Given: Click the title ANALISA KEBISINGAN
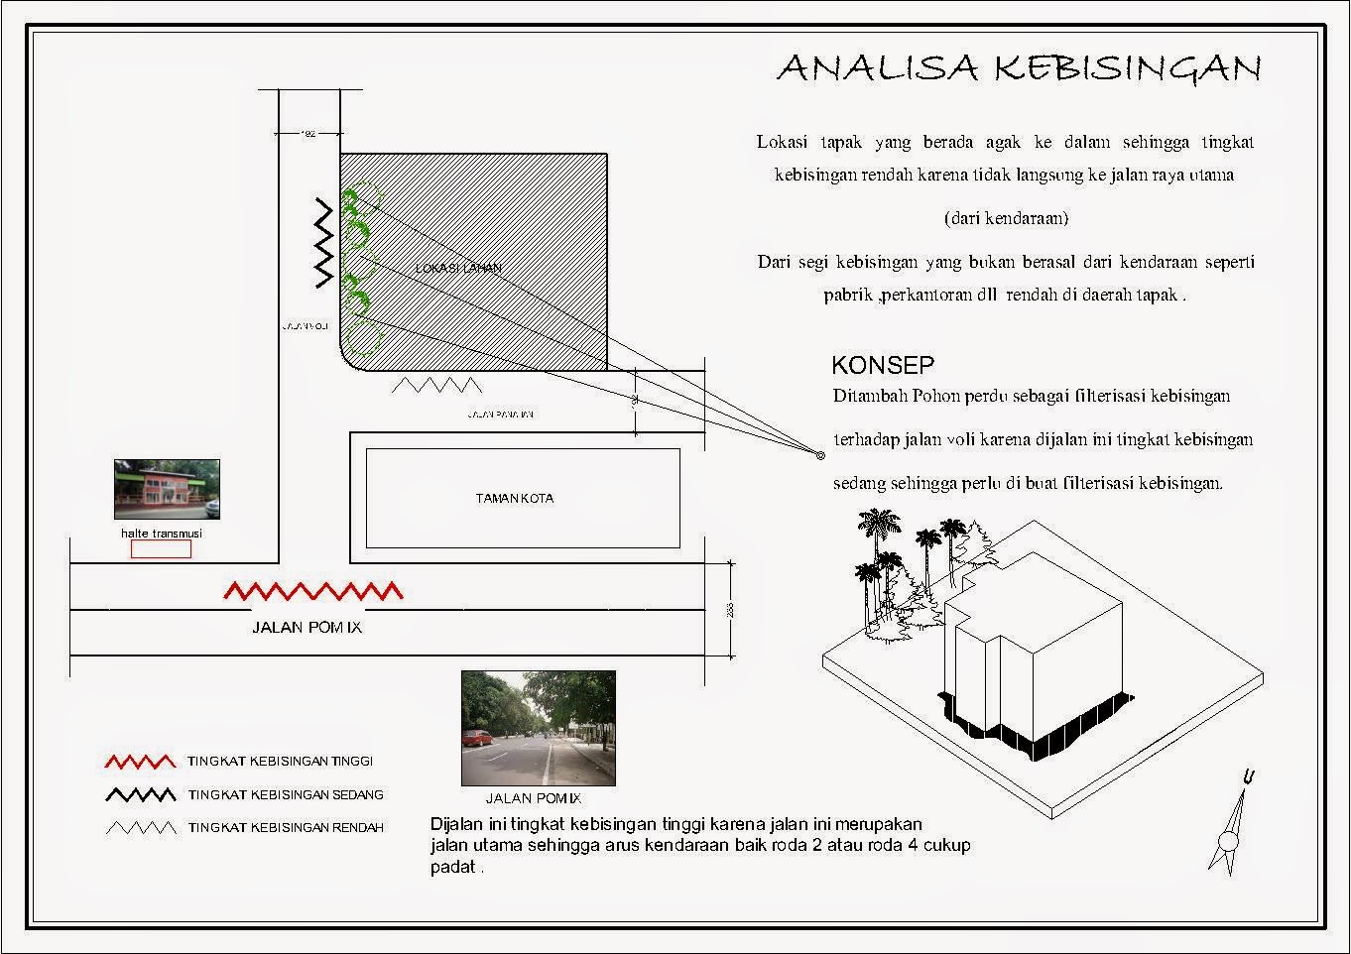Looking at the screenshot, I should pyautogui.click(x=1018, y=67).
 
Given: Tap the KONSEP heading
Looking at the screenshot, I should pyautogui.click(x=882, y=364).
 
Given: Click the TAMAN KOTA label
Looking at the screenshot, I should pyautogui.click(x=514, y=498).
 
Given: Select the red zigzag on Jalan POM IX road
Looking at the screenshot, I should pyautogui.click(x=313, y=591).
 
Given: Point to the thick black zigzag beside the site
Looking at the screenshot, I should pyautogui.click(x=323, y=243).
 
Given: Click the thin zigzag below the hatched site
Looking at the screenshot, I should pyautogui.click(x=436, y=385).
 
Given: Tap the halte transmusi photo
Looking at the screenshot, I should pyautogui.click(x=167, y=489).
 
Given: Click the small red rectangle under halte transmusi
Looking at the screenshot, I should pyautogui.click(x=161, y=549).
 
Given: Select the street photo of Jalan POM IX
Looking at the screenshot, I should pyautogui.click(x=538, y=728).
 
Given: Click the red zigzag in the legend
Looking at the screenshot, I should pyautogui.click(x=140, y=762).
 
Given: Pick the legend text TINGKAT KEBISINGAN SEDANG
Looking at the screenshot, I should pyautogui.click(x=286, y=794).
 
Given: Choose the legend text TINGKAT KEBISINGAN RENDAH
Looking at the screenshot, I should pyautogui.click(x=286, y=827).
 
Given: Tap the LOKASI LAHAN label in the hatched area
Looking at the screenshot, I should pyautogui.click(x=458, y=268).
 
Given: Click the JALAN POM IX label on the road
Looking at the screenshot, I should pyautogui.click(x=307, y=627).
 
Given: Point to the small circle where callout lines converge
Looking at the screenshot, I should pyautogui.click(x=820, y=455).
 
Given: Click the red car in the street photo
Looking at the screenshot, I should pyautogui.click(x=477, y=737).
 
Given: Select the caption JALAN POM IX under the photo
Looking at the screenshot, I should pyautogui.click(x=533, y=798).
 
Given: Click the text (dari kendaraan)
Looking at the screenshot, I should pyautogui.click(x=1005, y=217).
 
